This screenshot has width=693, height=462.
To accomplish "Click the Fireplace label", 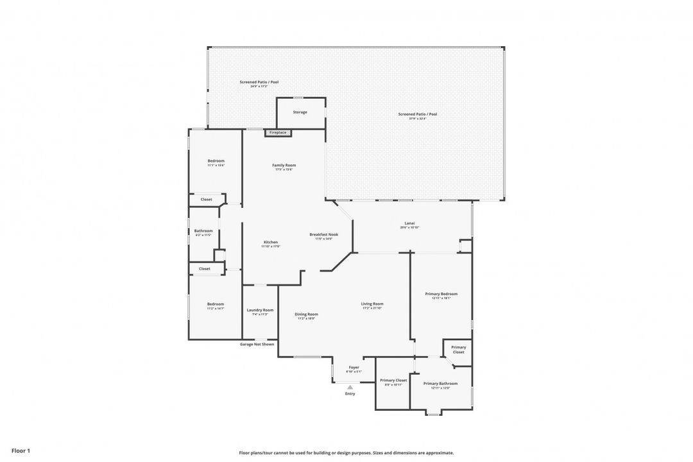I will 278,133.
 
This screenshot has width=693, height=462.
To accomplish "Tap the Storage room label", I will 300,112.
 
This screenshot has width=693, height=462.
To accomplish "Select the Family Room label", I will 284,166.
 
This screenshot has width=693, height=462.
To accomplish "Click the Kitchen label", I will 270,243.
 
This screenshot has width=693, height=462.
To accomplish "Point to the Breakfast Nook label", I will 323,235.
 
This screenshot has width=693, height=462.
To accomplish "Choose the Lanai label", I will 409,224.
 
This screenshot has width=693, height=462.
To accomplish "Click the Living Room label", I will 372,304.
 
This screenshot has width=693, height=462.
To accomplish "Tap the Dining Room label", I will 306,314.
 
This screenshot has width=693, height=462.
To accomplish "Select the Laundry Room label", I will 260,311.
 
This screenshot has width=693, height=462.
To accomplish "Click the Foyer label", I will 354,368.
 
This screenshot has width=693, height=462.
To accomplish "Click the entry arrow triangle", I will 350,387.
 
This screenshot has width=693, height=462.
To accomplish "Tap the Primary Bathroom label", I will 440,384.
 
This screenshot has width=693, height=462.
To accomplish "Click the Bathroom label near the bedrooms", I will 203,231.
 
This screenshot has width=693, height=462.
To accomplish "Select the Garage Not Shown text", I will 257,344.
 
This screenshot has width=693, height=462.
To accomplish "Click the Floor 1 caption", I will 21,451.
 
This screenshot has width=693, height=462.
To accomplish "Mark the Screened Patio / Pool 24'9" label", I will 259,83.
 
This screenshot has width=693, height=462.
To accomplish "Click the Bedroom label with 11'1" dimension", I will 216,161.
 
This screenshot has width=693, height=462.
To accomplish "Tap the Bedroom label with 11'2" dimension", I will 215,304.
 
